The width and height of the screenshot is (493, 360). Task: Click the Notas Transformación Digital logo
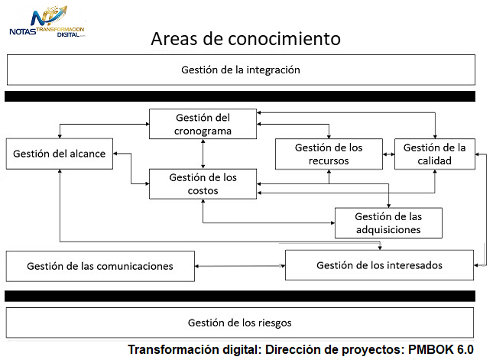[47, 21]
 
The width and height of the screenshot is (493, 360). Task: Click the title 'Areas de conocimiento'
[245, 39]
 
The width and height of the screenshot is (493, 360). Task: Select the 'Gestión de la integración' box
[241, 70]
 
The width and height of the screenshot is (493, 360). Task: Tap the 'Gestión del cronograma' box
[203, 124]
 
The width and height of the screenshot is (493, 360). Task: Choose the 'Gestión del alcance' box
[60, 154]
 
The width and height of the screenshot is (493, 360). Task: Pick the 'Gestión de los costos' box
[203, 184]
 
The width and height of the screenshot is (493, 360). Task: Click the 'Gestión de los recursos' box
[329, 154]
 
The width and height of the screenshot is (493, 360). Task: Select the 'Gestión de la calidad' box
[435, 154]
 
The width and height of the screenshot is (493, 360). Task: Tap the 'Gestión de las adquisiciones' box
[388, 223]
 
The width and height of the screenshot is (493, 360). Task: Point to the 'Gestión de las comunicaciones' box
[100, 266]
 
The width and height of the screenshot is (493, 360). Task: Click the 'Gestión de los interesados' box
[380, 265]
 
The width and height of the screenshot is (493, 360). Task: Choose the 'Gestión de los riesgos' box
[240, 323]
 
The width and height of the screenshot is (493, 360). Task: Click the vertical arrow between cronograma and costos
[203, 154]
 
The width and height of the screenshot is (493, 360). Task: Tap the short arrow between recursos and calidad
[388, 154]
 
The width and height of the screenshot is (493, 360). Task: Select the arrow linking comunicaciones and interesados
[240, 266]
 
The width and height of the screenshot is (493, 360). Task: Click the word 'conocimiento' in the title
[284, 39]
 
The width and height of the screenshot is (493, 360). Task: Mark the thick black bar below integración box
[240, 96]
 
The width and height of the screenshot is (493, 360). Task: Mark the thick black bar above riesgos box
[240, 296]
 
